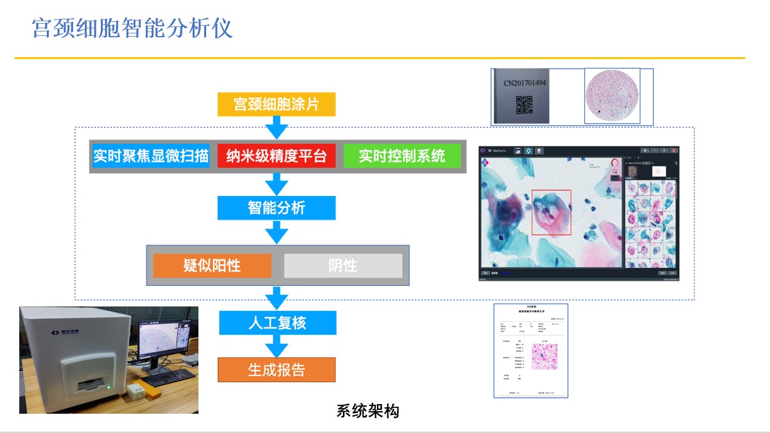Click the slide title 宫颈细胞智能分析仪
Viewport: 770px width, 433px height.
pyautogui.click(x=132, y=28)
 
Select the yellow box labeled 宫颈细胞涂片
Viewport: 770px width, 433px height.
pyautogui.click(x=276, y=105)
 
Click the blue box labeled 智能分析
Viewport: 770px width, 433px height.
pyautogui.click(x=276, y=208)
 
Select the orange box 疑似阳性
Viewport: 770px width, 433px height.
pyautogui.click(x=212, y=265)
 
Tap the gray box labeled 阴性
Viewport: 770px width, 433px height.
pyautogui.click(x=343, y=265)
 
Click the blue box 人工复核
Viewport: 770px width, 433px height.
pyautogui.click(x=277, y=323)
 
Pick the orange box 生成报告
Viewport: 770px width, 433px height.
pyautogui.click(x=277, y=370)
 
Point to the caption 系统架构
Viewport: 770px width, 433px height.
pyautogui.click(x=367, y=411)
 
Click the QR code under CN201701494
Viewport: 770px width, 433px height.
pyautogui.click(x=525, y=104)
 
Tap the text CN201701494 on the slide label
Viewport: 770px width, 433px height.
pyautogui.click(x=525, y=83)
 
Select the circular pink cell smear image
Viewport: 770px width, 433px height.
pyautogui.click(x=612, y=96)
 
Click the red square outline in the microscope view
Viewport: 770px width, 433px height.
pyautogui.click(x=551, y=213)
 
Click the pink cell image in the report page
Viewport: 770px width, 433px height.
pyautogui.click(x=544, y=357)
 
